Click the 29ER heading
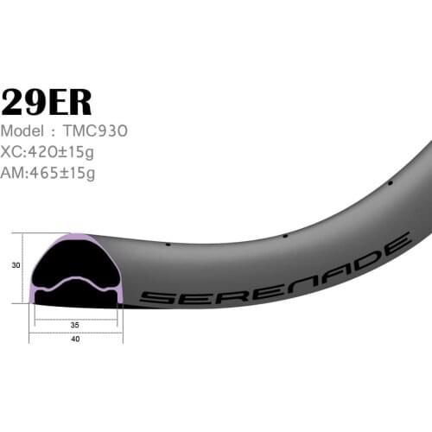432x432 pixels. pos(48,102)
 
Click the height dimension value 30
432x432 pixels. pos(16,267)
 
